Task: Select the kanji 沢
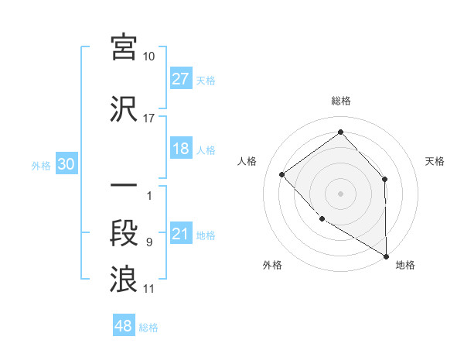coord(124,108)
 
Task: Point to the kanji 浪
coord(124,278)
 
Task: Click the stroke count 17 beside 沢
coord(149,118)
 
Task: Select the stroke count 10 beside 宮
coord(149,57)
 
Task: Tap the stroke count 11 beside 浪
coord(149,289)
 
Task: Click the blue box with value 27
coord(181,79)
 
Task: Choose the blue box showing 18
coord(181,149)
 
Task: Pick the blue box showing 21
coord(181,235)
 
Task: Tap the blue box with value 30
coord(66,165)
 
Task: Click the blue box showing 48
coord(124,326)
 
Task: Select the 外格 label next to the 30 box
coord(41,166)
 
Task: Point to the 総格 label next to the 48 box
coord(148,328)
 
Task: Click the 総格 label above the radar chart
coord(341,101)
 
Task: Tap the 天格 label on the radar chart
coord(435,161)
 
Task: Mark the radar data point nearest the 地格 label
coord(387,256)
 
